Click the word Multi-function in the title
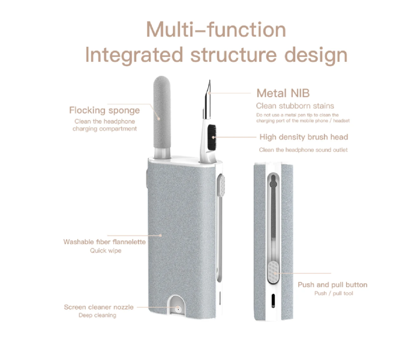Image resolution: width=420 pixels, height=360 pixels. click(216, 29)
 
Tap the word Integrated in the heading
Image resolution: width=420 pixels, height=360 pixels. click(134, 55)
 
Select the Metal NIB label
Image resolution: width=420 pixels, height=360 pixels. click(283, 93)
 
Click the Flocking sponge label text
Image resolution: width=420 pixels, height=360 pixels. click(104, 110)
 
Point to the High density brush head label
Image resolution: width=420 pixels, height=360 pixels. click(304, 137)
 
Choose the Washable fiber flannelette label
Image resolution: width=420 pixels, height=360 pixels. click(104, 242)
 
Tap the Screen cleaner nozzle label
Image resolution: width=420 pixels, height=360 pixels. click(98, 307)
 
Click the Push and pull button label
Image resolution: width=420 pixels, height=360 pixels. click(332, 285)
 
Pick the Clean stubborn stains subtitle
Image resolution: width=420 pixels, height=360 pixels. click(295, 106)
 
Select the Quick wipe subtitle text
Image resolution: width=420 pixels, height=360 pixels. click(106, 251)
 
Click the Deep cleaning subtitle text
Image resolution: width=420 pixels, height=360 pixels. click(97, 315)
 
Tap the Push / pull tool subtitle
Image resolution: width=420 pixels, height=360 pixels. click(334, 293)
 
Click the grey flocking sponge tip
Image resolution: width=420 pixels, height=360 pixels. click(162, 113)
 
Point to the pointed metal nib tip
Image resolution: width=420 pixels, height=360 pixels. click(209, 80)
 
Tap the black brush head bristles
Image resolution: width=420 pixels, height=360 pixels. click(212, 137)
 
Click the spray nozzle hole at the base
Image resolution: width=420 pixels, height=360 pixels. click(178, 310)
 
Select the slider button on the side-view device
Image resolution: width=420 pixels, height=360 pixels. click(273, 272)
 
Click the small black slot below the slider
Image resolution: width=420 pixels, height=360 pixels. click(273, 301)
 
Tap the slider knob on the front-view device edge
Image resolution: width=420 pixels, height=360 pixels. click(221, 185)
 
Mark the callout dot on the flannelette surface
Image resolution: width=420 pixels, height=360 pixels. click(160, 235)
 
